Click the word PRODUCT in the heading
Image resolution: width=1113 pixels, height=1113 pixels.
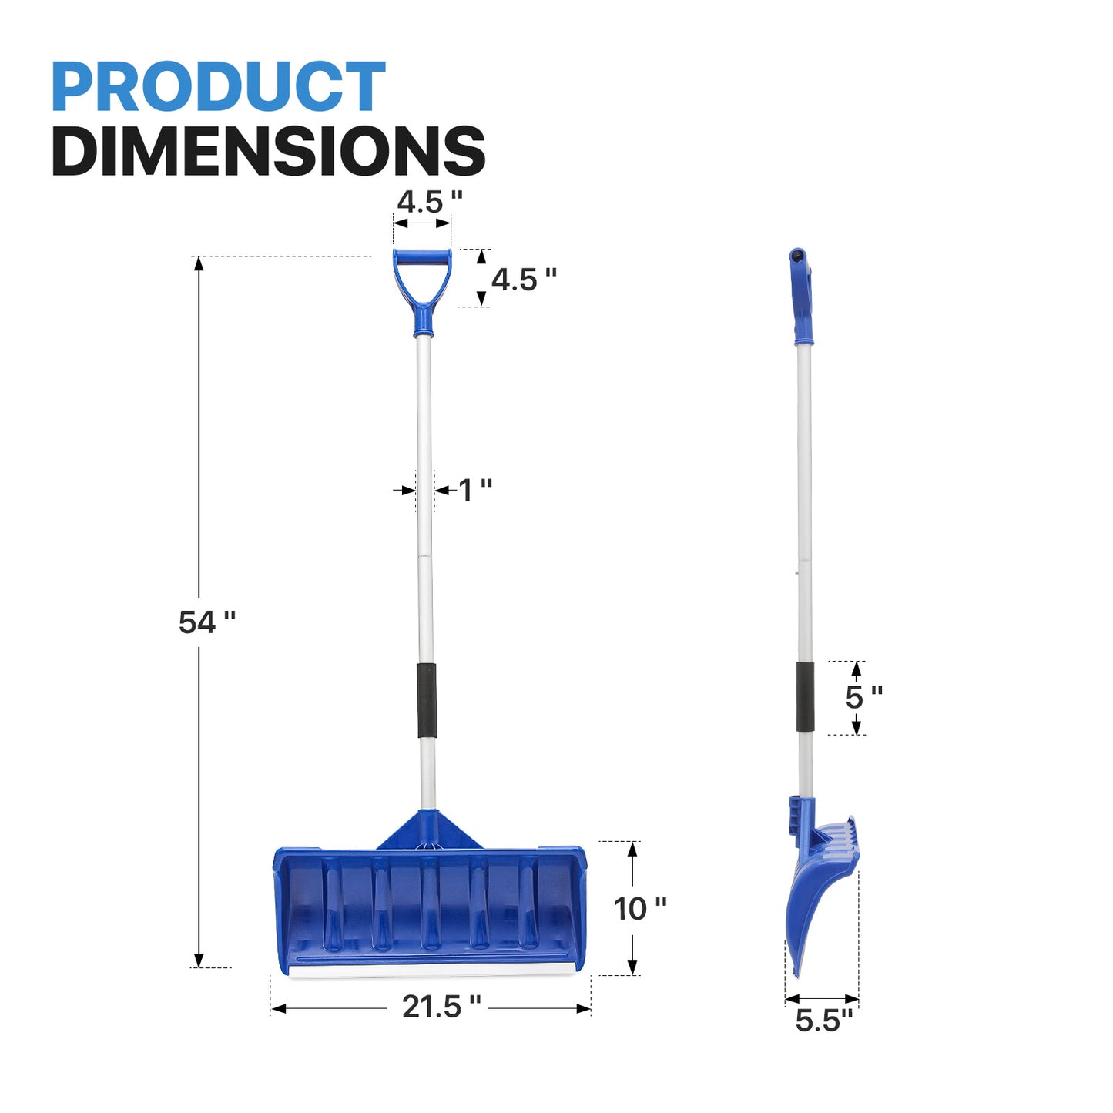pyautogui.click(x=218, y=86)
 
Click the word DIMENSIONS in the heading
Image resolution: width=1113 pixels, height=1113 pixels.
pyautogui.click(x=269, y=150)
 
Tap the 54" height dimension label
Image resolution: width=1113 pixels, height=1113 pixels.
pyautogui.click(x=207, y=622)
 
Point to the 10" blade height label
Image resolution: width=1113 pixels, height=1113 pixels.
pyautogui.click(x=640, y=909)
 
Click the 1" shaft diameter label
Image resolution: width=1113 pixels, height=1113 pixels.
pyautogui.click(x=475, y=491)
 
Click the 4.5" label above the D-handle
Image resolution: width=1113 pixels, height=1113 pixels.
pyautogui.click(x=430, y=202)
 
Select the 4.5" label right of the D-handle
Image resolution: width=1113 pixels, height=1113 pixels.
pyautogui.click(x=524, y=280)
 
